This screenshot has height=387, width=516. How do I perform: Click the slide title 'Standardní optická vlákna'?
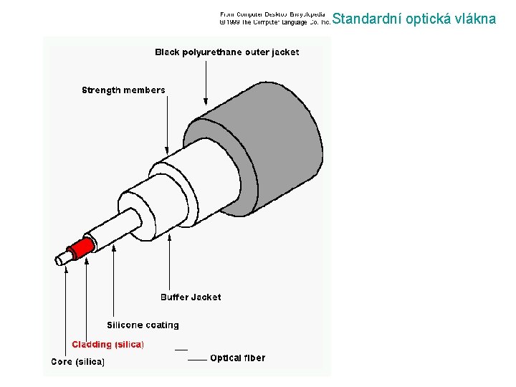click(x=414, y=19)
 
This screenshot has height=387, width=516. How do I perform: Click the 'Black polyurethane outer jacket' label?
click(x=227, y=52)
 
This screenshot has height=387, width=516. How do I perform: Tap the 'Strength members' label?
click(x=123, y=90)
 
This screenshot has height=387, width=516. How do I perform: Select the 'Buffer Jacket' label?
click(x=191, y=297)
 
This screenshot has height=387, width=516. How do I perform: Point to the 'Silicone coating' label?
click(x=143, y=325)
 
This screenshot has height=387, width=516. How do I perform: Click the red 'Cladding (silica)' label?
click(x=107, y=345)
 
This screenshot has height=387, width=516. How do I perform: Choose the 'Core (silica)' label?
click(x=78, y=362)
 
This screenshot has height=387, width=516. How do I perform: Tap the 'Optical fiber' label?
click(x=237, y=358)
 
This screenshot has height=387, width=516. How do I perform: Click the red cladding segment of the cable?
click(x=83, y=248)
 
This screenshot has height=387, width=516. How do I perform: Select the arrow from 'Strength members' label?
click(x=167, y=122)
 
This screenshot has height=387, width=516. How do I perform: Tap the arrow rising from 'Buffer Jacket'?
click(x=169, y=265)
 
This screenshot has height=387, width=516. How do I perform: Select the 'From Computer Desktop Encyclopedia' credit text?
click(x=272, y=14)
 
